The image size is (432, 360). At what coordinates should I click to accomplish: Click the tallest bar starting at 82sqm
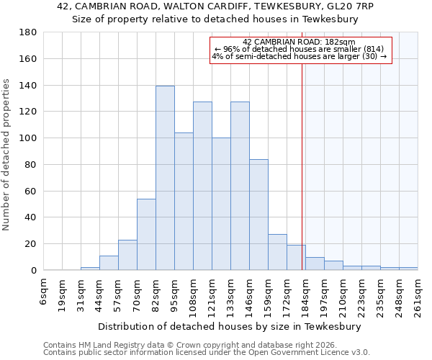165,178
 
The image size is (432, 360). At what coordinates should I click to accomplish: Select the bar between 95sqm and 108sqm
184,202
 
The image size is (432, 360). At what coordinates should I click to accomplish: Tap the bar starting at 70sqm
146,234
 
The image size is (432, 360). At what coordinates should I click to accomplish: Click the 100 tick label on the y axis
28,138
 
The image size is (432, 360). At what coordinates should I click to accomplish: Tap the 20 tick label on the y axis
31,244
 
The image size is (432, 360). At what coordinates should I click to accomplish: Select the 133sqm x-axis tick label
231,292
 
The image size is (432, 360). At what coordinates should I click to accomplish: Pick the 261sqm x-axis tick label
418,292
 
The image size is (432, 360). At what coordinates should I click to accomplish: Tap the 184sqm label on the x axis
306,292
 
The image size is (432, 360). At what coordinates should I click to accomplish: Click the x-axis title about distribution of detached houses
230,326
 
